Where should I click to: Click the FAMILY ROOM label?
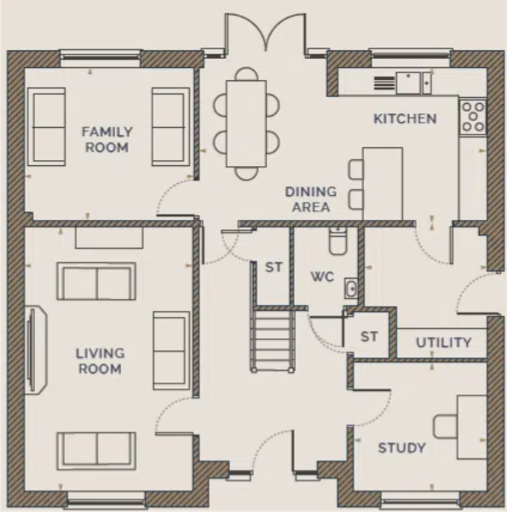pos(107,140)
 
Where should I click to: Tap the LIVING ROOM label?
pos(101,361)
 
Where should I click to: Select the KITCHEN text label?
pos(405,118)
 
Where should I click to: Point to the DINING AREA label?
pos(311,199)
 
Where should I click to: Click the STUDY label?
pos(402,448)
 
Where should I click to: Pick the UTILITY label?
pos(444,342)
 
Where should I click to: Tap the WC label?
pos(322,277)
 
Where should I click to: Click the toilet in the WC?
pos(337,241)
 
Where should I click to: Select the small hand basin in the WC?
pos(351,288)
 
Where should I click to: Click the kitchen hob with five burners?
pos(473,117)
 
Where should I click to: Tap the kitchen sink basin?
pos(408,83)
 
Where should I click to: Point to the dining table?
pos(246,124)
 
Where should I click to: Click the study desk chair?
pos(446,426)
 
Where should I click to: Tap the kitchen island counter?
pos(383,184)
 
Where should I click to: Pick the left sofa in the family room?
pos(47,127)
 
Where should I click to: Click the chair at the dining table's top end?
pos(246,74)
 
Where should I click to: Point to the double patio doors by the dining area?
pos(265,32)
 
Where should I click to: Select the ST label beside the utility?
pos(370,336)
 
